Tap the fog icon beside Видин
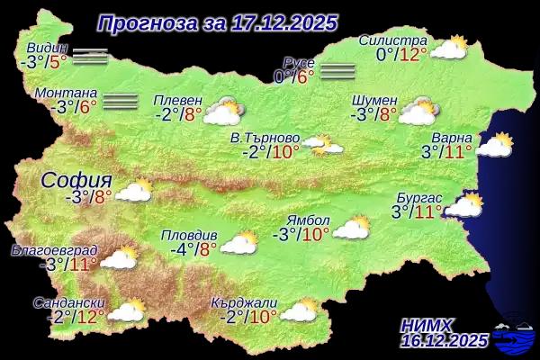(x=90, y=57)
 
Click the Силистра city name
(x=392, y=40)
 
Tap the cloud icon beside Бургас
(x=464, y=206)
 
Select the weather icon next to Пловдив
(x=238, y=242)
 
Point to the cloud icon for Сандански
(x=126, y=310)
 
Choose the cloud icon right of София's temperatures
(x=135, y=190)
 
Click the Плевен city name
(x=177, y=100)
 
